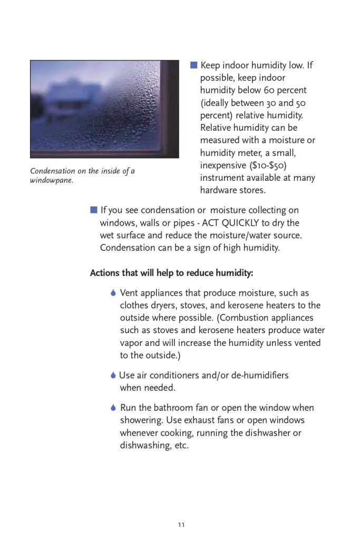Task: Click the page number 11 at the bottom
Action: coord(181,525)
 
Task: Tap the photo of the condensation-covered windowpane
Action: coord(104,109)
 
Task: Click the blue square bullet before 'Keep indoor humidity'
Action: coord(193,65)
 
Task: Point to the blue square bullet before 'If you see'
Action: coord(94,210)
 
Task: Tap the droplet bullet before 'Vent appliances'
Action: coord(113,293)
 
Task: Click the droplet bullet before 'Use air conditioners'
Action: coord(113,375)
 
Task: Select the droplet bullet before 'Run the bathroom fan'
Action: coord(113,408)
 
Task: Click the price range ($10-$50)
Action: coord(268,166)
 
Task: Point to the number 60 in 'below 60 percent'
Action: coord(271,90)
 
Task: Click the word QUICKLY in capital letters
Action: coord(246,223)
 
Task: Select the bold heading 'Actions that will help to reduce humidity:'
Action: coord(171,273)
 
